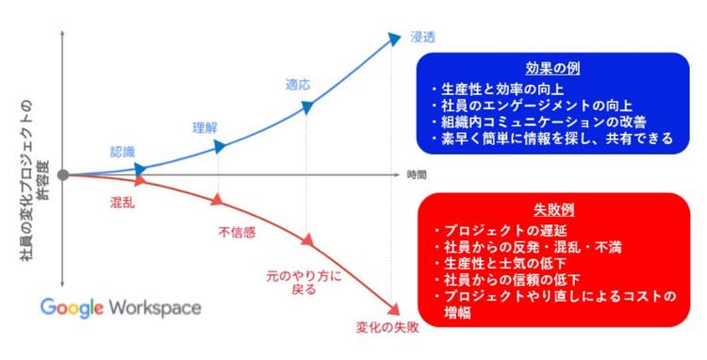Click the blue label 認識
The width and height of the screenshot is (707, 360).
pos(122,151)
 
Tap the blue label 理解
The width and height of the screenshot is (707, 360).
pos(205,128)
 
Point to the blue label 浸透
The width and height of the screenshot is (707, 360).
pos(421,38)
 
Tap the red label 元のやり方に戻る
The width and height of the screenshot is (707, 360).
pos(294,284)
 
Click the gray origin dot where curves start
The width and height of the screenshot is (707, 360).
pos(63,174)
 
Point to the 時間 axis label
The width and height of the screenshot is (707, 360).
pos(417,175)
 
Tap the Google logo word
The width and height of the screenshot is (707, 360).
pos(73,308)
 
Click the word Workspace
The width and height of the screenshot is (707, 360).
pos(155,308)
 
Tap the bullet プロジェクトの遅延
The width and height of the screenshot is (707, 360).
pos(502,231)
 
